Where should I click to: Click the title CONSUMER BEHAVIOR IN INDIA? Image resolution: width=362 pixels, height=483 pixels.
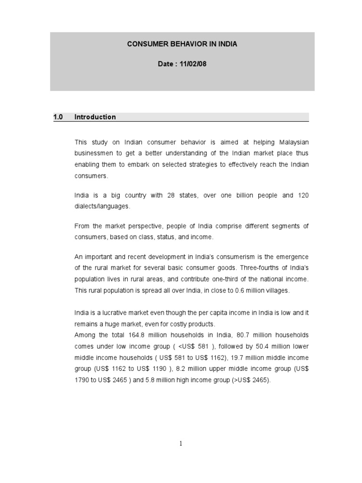point(182,44)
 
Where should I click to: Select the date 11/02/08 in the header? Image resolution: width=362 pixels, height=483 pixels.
point(193,64)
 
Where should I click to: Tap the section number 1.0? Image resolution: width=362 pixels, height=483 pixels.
point(59,117)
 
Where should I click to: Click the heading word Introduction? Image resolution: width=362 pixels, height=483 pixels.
point(95,117)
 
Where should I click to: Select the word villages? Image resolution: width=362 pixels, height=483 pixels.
point(277,291)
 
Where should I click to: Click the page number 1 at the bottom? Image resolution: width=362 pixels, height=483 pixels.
point(181,444)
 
